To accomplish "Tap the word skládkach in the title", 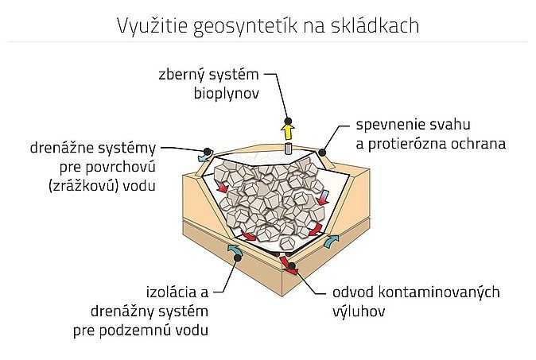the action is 375,25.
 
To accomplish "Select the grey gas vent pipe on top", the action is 288,149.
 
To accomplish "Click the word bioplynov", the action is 227,93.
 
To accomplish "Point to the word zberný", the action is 182,75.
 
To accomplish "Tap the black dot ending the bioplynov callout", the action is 288,121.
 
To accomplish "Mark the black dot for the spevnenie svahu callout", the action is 322,153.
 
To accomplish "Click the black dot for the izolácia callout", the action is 237,257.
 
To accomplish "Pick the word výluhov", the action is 359,312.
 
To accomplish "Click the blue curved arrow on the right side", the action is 331,241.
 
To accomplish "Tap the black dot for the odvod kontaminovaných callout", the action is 292,265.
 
